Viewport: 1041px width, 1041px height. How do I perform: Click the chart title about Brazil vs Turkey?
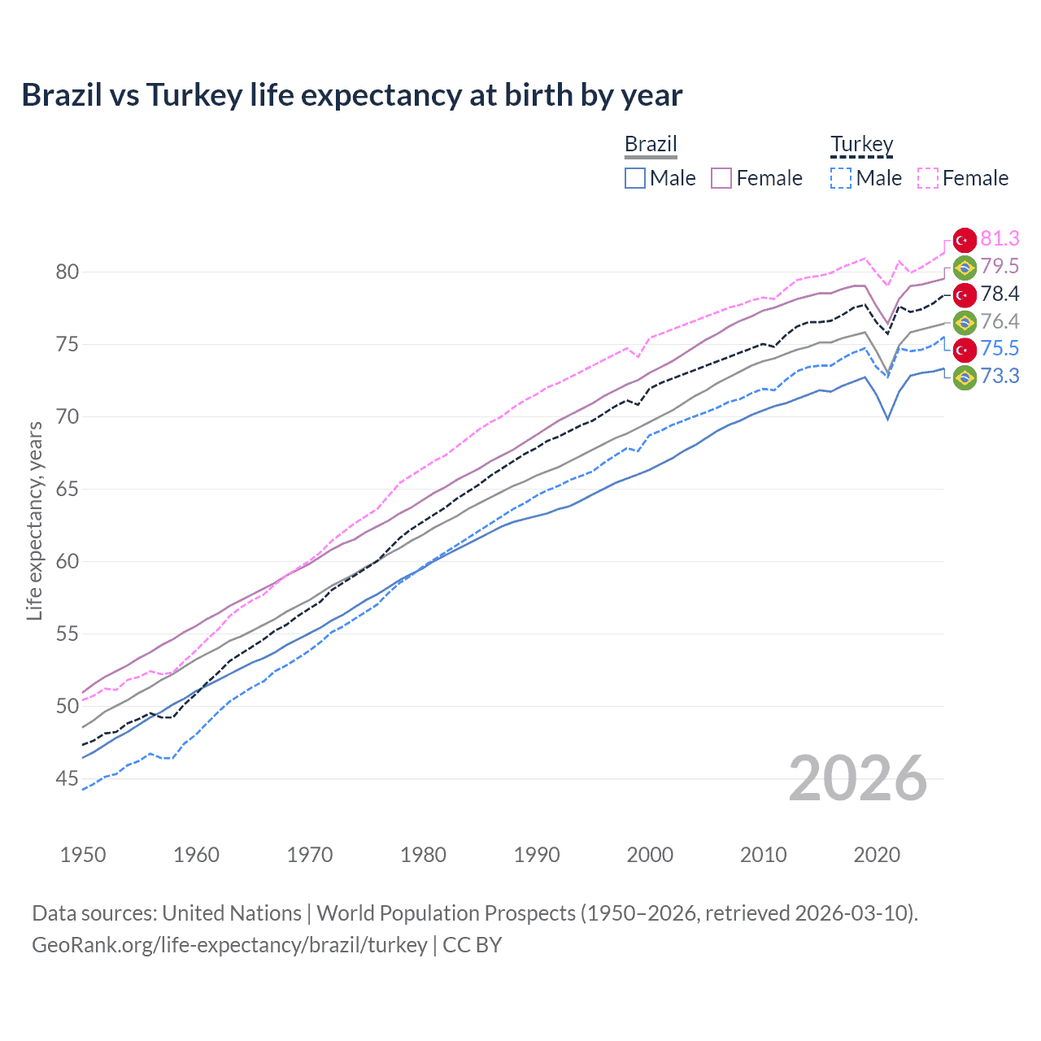[351, 95]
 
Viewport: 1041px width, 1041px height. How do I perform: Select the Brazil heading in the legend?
[651, 144]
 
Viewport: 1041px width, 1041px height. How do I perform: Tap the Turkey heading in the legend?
[861, 144]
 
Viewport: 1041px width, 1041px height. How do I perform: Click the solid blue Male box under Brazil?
[635, 178]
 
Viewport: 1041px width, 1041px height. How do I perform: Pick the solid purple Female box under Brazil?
[721, 178]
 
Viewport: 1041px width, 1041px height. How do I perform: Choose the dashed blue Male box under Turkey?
[841, 178]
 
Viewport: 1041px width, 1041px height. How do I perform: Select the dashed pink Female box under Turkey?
[928, 178]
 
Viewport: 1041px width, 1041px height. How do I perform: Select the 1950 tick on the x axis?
[83, 855]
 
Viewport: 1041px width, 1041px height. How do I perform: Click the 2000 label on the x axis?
[650, 855]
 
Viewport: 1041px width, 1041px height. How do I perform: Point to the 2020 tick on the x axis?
[877, 855]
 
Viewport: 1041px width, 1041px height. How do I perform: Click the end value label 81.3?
[1000, 239]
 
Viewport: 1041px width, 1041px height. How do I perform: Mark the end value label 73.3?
[1000, 376]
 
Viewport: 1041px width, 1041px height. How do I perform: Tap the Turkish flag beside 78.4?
[965, 294]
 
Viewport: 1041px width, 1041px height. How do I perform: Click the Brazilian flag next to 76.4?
[965, 322]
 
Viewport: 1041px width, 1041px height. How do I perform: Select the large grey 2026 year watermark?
[858, 778]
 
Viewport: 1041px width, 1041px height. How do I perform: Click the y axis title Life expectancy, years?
[34, 520]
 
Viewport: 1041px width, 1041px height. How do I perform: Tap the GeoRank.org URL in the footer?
[229, 945]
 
